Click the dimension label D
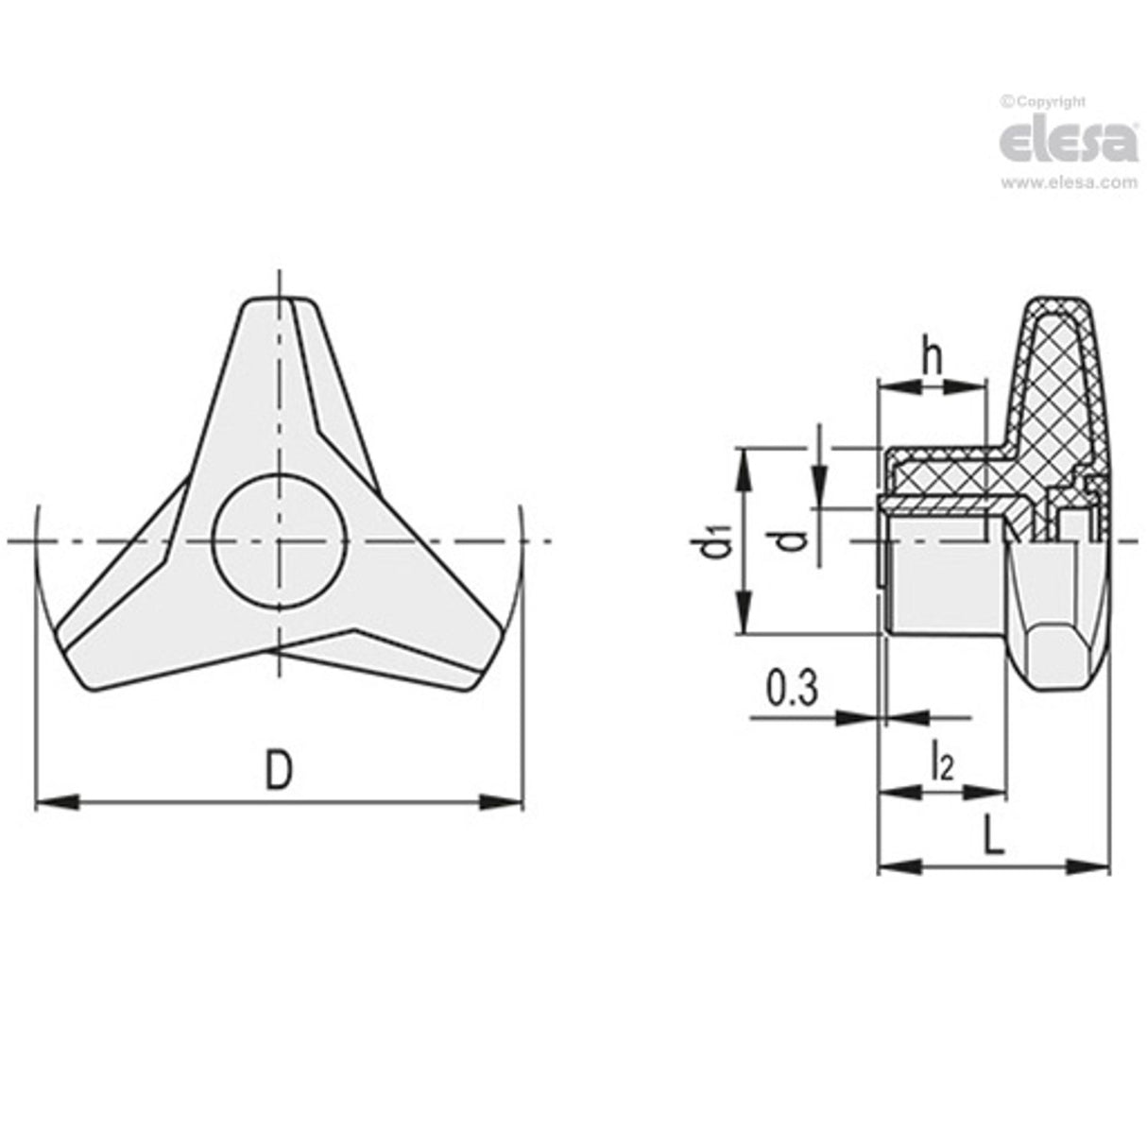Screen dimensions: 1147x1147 click(277, 769)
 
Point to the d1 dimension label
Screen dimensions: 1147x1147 click(719, 546)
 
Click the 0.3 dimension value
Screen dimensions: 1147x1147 click(791, 689)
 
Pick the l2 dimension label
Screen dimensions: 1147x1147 click(941, 762)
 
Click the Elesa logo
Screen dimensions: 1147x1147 click(1068, 142)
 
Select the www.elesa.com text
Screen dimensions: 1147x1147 click(1068, 183)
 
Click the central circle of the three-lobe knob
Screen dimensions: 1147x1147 click(278, 539)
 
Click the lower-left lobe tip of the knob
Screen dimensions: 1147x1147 click(80, 666)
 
